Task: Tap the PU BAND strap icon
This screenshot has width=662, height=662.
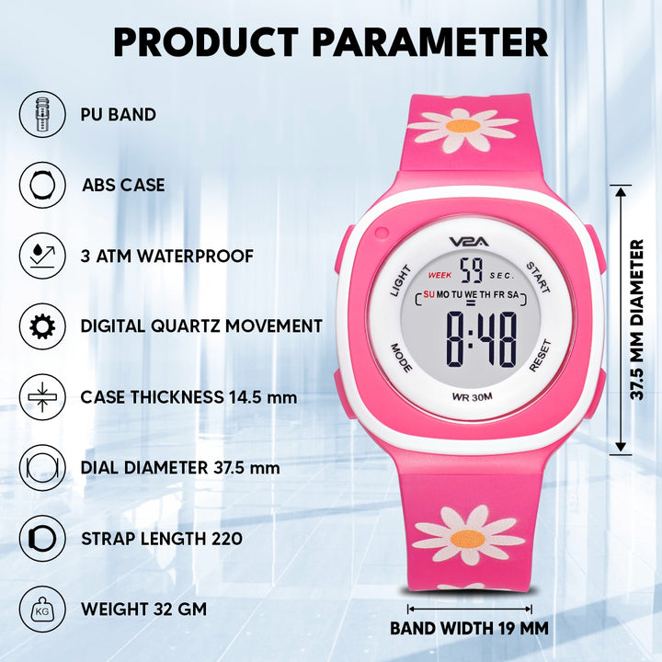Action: [x=42, y=114]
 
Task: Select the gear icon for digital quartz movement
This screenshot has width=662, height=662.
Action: [x=42, y=326]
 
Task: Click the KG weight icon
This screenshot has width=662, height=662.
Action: [x=42, y=610]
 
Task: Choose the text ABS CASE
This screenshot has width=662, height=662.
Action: [x=123, y=185]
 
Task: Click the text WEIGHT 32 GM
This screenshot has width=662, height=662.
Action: [x=144, y=610]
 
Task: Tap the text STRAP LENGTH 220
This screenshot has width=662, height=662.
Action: [x=162, y=539]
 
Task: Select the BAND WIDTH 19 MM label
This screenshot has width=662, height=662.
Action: [x=470, y=628]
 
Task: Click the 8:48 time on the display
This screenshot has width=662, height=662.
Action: [x=482, y=339]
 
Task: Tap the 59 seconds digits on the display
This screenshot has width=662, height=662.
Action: [x=471, y=270]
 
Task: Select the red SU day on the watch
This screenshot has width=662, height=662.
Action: [x=429, y=294]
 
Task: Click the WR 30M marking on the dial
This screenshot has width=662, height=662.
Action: [x=472, y=397]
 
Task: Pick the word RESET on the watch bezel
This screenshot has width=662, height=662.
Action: [x=541, y=356]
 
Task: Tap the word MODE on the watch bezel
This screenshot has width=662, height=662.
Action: [x=401, y=358]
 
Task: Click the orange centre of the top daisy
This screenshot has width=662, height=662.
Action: [x=462, y=126]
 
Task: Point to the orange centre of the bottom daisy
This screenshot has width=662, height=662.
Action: [x=468, y=538]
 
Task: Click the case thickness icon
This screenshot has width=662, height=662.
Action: [x=42, y=397]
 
